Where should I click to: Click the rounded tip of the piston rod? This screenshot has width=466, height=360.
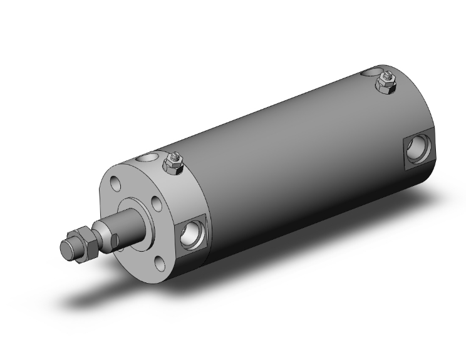click(x=66, y=249)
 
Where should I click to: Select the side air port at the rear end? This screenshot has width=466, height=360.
click(x=416, y=150)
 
